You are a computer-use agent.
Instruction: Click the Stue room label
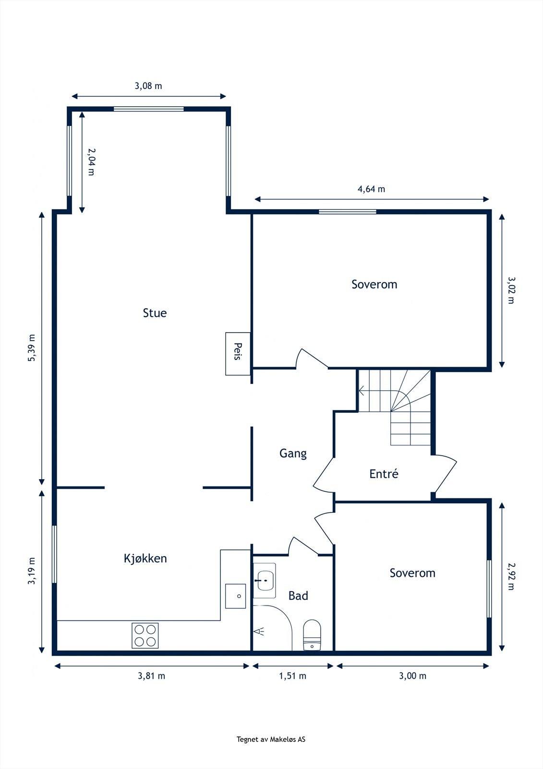point(155,313)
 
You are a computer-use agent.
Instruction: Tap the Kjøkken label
point(145,558)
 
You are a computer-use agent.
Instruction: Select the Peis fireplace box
point(238,354)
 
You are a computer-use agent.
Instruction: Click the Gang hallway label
point(293,454)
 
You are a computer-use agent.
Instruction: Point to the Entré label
point(384,474)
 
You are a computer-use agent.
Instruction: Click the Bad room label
point(298,595)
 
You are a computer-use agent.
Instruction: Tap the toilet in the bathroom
point(312,635)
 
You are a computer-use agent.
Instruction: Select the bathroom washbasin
point(265,580)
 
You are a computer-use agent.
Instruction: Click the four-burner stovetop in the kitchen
point(145,635)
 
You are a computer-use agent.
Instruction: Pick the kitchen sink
point(235,596)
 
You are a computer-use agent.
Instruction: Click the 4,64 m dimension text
point(371,189)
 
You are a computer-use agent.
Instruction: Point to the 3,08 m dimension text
point(148,86)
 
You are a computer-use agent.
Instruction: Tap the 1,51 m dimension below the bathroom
point(292,676)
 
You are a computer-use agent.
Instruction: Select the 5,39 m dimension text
point(32,347)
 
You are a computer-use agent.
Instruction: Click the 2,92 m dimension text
point(511,576)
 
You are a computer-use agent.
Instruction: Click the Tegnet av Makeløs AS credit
point(271,739)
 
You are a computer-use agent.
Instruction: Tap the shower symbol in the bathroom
point(259,631)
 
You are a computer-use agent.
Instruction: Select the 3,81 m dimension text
point(152,676)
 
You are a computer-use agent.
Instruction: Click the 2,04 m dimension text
point(91,161)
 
